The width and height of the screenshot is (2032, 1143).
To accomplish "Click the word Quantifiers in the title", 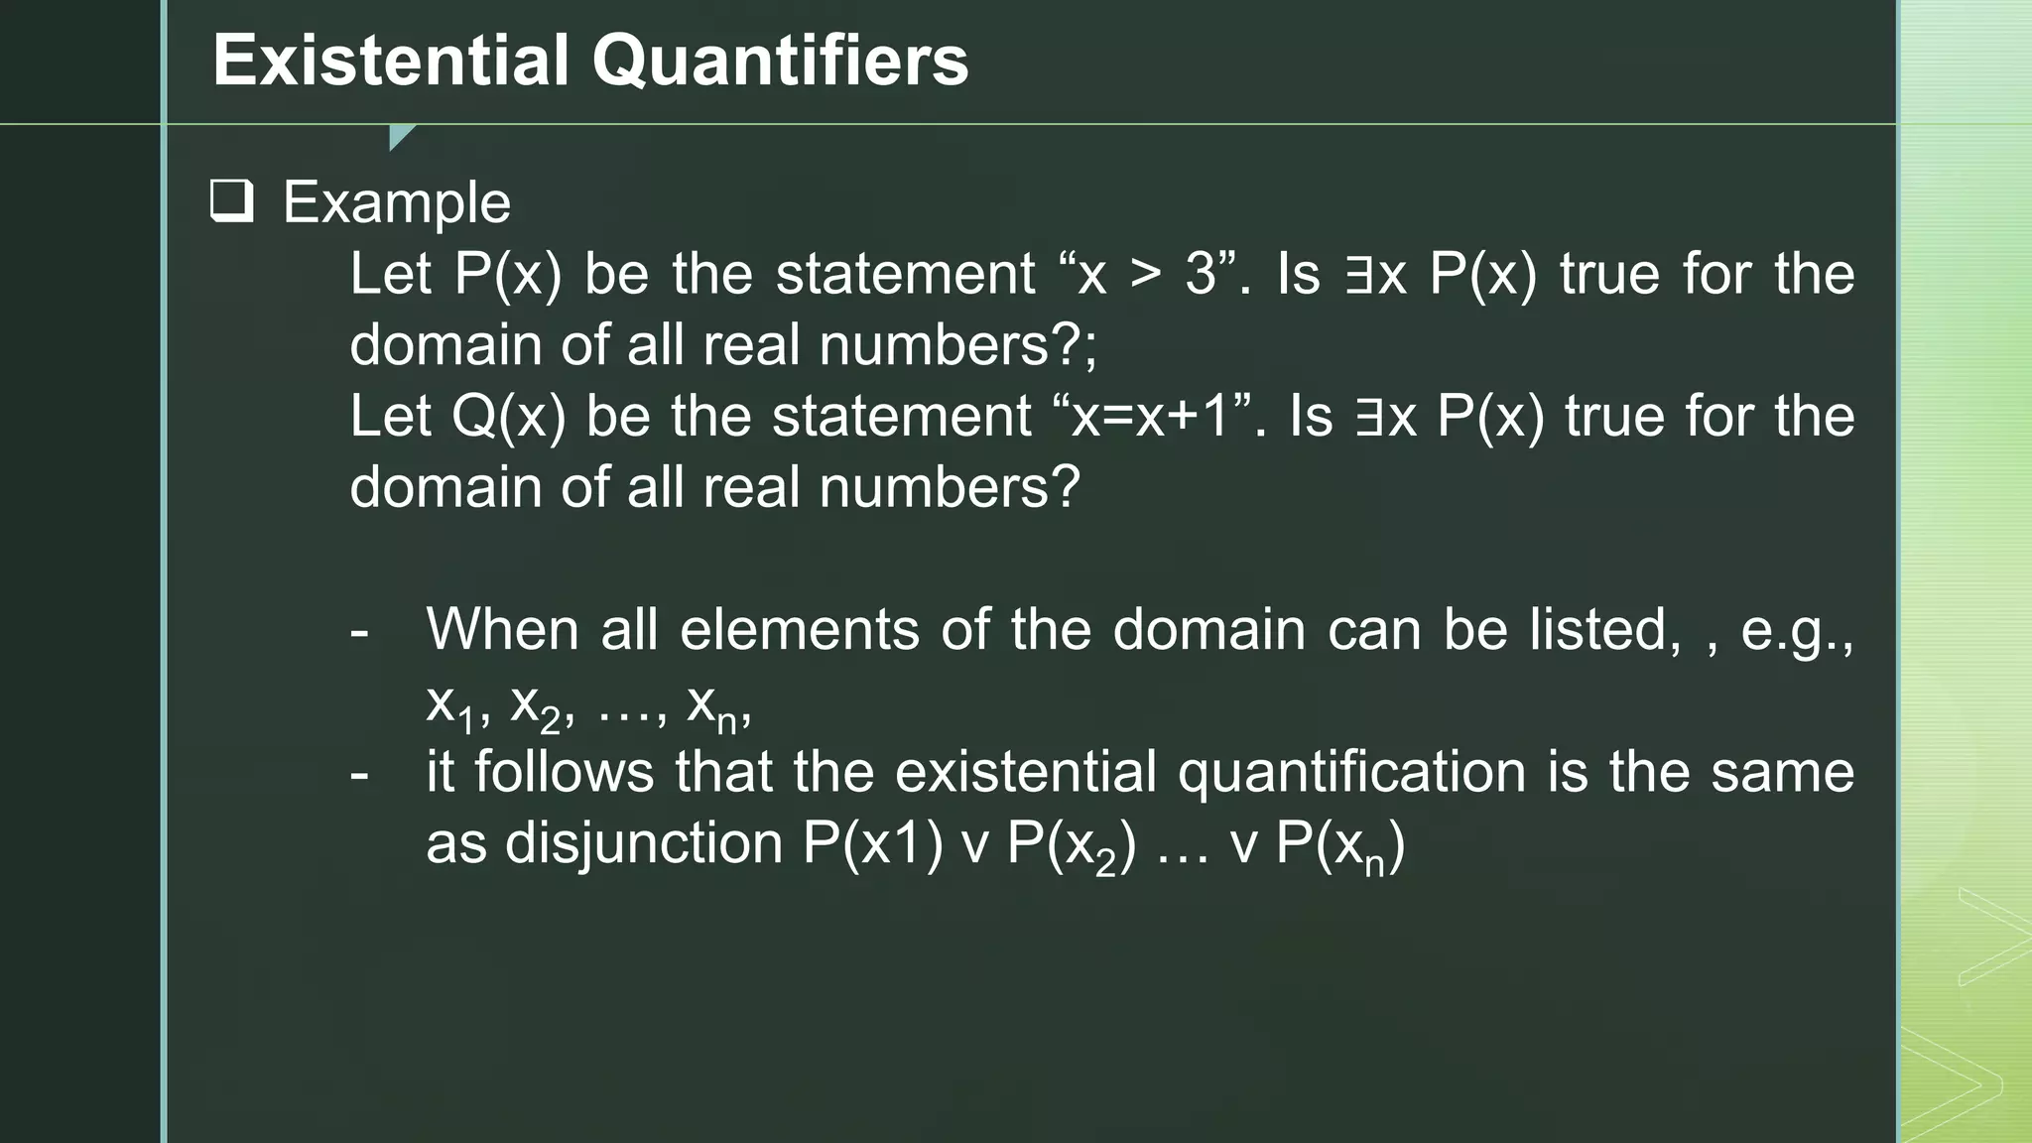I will pyautogui.click(x=780, y=61).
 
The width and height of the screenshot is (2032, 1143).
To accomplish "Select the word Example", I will pyautogui.click(x=397, y=203).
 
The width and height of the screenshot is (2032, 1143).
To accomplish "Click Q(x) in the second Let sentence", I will pyautogui.click(x=507, y=416).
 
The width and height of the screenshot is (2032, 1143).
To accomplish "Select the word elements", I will pyautogui.click(x=799, y=629).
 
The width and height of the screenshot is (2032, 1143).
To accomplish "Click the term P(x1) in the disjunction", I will pyautogui.click(x=872, y=844).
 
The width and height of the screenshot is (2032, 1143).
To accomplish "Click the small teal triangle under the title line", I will pyautogui.click(x=401, y=137).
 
